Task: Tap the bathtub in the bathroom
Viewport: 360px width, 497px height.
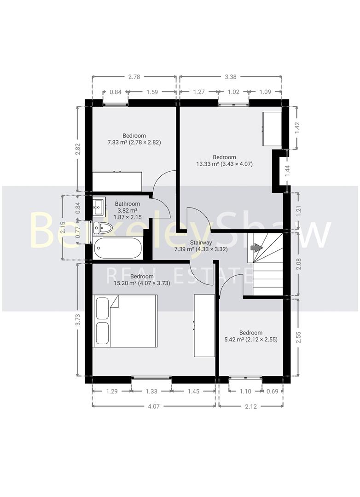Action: [118, 249]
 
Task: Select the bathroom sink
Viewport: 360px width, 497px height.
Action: [99, 208]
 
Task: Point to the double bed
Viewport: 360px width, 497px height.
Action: [125, 321]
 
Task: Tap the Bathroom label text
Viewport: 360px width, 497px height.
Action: [128, 204]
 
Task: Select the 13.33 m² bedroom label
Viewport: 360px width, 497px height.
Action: [224, 161]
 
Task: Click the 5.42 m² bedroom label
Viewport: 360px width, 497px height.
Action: [250, 336]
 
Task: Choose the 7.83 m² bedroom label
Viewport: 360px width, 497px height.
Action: [134, 139]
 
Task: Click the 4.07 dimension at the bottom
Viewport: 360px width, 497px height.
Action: [154, 406]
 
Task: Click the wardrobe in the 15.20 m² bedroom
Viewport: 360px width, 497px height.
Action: [204, 325]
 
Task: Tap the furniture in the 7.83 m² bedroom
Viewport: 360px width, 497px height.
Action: [117, 181]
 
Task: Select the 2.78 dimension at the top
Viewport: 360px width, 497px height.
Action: [134, 77]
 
